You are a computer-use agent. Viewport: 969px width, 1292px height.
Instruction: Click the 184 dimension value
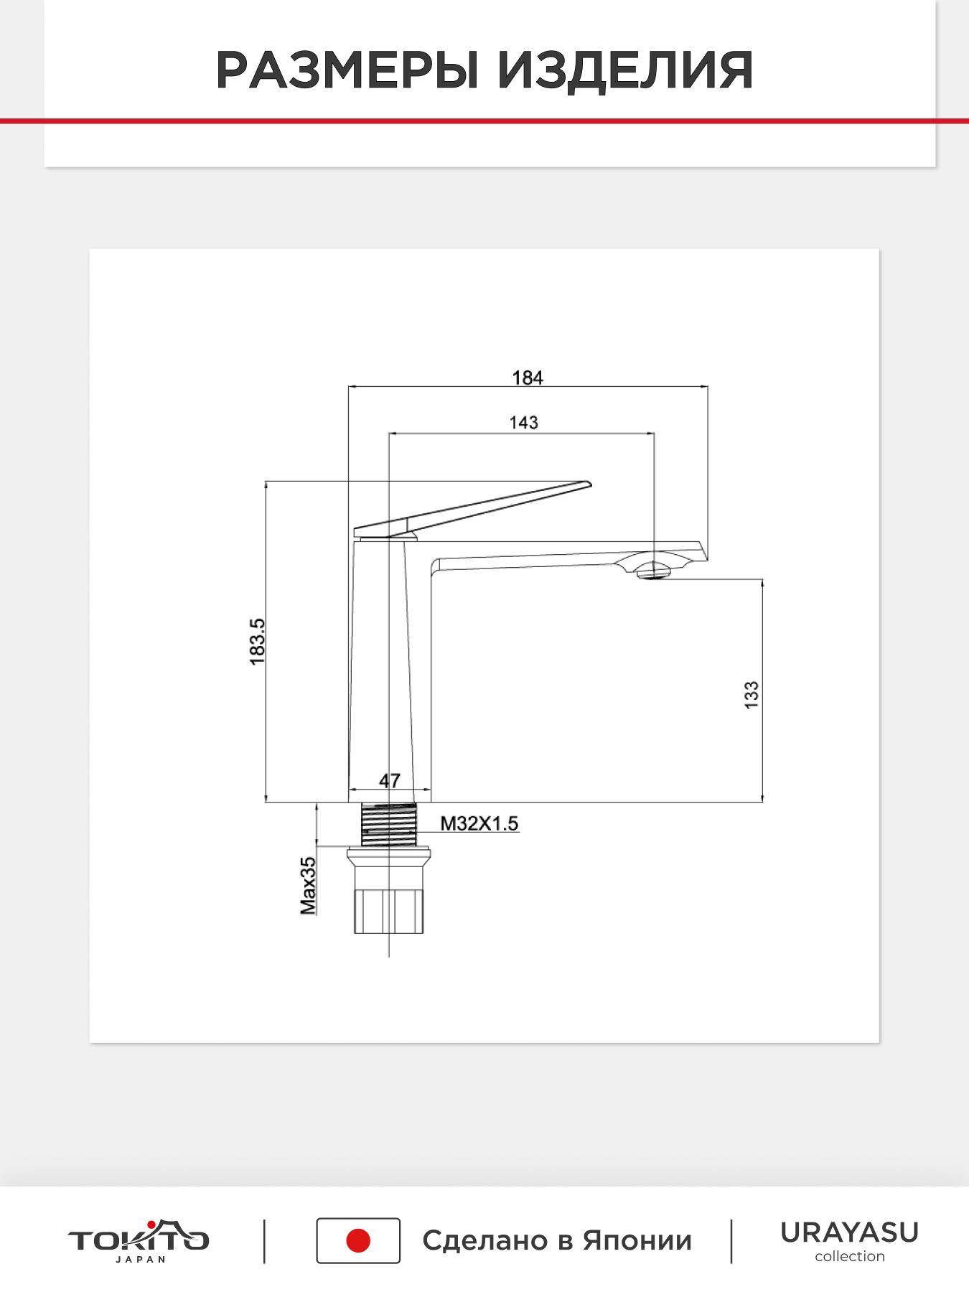pos(527,378)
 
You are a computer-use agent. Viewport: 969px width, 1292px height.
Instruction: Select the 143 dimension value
pos(524,423)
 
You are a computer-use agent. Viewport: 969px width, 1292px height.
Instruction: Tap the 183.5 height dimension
pos(257,642)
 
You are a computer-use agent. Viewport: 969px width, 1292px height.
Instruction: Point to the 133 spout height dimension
pos(751,696)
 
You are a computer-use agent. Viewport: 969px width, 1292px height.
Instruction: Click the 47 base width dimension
pos(390,780)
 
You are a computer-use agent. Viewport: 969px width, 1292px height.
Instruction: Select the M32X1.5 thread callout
pos(479,823)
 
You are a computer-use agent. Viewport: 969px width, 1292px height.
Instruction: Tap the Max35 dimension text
pos(308,886)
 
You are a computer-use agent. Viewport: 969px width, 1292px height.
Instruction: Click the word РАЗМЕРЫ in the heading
pos(347,70)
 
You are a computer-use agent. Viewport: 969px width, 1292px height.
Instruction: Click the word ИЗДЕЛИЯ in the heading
pos(625,70)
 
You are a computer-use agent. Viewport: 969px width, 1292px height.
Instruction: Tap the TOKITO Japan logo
pos(139,1240)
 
